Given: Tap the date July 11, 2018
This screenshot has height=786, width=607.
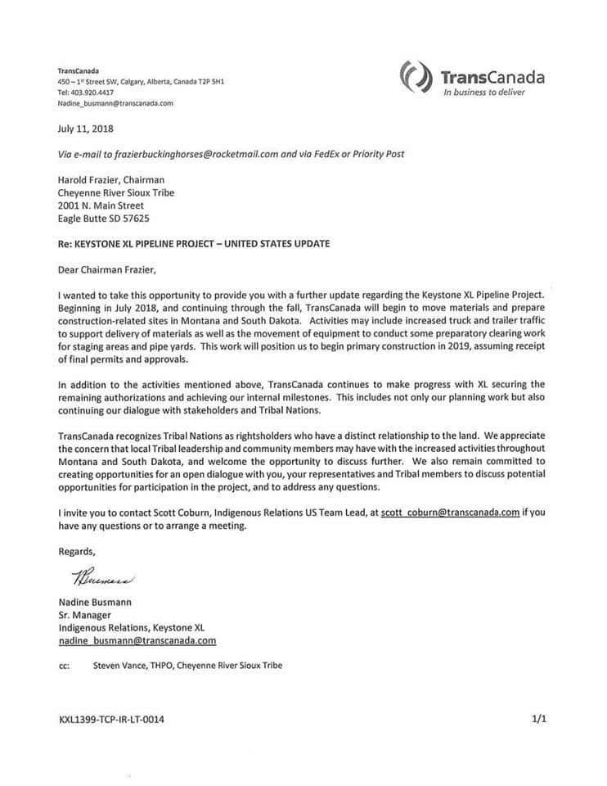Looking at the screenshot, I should [84, 129].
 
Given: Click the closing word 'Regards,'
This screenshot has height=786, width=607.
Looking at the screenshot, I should [79, 551].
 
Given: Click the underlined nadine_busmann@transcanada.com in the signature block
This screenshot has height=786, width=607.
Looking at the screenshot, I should [137, 641].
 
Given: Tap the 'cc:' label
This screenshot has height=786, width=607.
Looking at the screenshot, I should [64, 666].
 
